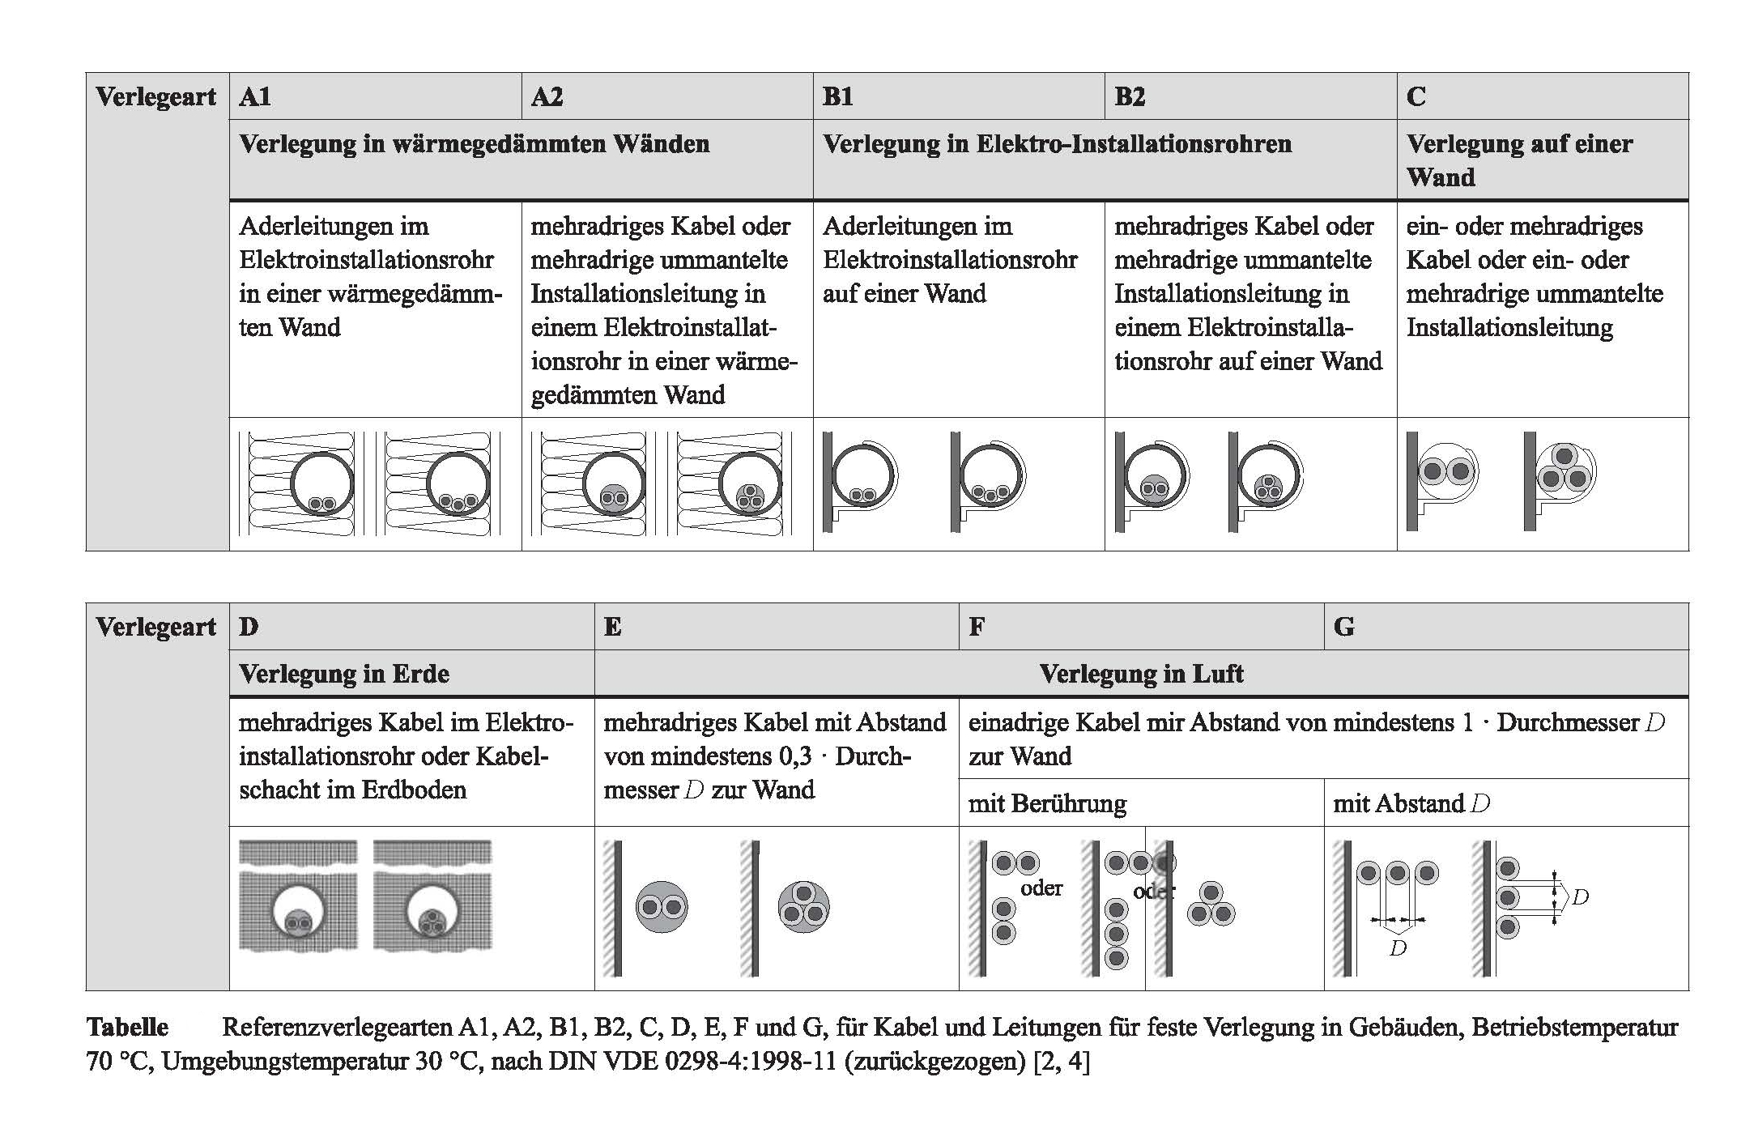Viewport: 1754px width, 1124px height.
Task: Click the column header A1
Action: point(255,97)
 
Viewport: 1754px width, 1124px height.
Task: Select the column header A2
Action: point(547,97)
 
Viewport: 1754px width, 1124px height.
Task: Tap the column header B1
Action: point(838,97)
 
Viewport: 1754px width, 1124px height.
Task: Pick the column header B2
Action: point(1130,97)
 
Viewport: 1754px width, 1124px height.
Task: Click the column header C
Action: point(1416,97)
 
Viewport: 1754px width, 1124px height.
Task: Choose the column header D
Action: point(249,627)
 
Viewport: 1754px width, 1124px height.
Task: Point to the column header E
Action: point(613,627)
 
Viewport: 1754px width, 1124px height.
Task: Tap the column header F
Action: point(977,627)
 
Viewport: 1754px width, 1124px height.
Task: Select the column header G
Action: point(1343,627)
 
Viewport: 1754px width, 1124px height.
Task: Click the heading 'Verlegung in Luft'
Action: point(1141,674)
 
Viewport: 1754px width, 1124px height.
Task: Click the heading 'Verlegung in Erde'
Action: point(344,674)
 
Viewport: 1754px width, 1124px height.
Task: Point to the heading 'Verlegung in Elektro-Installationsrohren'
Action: point(1057,144)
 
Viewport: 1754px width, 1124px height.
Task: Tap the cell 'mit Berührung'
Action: point(1047,803)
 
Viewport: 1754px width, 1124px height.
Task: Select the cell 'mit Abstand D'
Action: point(1411,803)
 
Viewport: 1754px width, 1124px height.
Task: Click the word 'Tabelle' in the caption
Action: point(128,1028)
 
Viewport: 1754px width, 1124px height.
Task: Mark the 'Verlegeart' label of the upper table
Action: point(156,97)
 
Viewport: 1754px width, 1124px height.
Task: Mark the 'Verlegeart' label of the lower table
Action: point(156,627)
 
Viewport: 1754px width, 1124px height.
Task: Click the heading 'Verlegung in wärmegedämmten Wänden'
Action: point(475,144)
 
